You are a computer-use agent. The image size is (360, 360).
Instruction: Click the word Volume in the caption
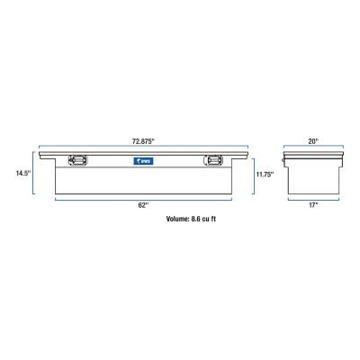[x=181, y=219]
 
